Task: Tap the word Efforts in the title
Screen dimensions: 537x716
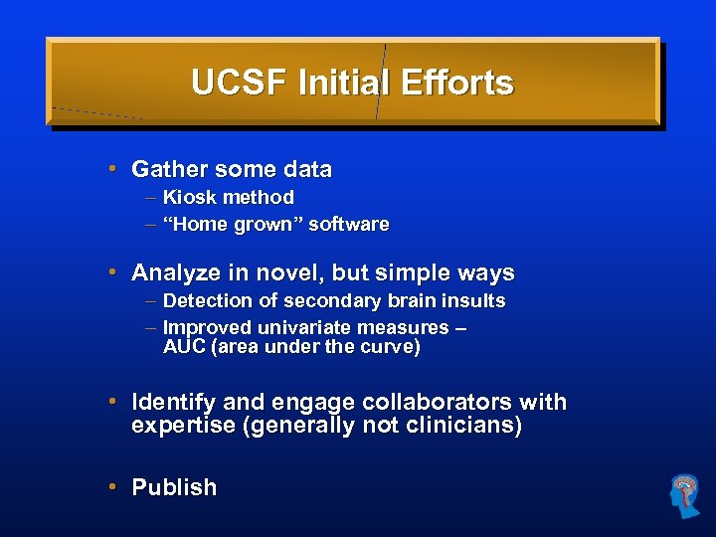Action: pos(457,83)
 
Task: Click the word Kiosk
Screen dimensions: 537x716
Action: pos(189,197)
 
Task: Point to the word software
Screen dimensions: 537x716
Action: pos(348,224)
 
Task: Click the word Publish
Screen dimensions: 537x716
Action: pos(174,487)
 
